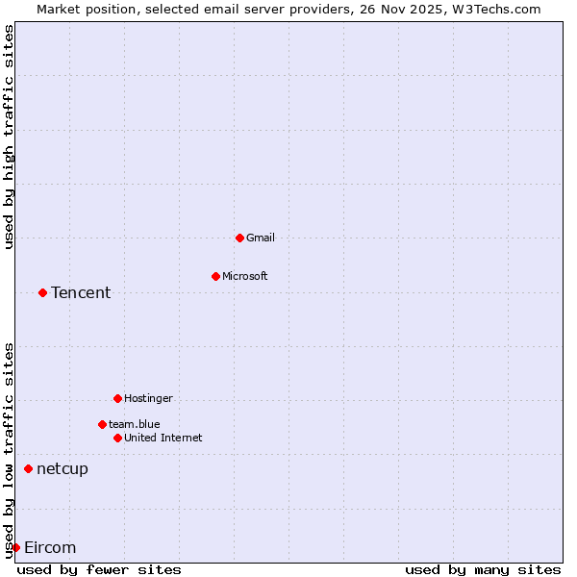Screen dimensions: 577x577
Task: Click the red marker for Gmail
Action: pos(239,238)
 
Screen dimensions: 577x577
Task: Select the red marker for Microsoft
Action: pos(215,276)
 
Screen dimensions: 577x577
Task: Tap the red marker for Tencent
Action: pos(42,292)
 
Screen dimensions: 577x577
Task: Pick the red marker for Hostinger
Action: pos(117,398)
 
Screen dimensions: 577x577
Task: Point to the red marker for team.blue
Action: pos(102,424)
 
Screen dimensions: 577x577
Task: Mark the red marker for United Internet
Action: pos(117,438)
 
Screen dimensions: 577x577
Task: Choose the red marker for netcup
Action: pos(28,468)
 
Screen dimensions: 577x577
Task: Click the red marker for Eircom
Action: pos(15,547)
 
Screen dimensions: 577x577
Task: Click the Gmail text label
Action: pos(261,238)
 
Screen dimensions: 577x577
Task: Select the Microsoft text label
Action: pos(245,276)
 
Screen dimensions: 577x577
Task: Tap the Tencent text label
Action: pos(81,292)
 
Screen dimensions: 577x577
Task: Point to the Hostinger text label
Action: pos(149,398)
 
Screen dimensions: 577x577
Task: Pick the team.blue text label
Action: pos(135,424)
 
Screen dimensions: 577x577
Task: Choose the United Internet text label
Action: pos(163,438)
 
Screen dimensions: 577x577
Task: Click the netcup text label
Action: pos(63,468)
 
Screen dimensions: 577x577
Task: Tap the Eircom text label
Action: pos(50,547)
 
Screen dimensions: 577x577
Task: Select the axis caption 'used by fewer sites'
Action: pos(99,569)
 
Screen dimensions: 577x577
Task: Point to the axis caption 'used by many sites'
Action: pos(483,569)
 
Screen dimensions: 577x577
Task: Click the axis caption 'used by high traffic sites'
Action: pos(9,137)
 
